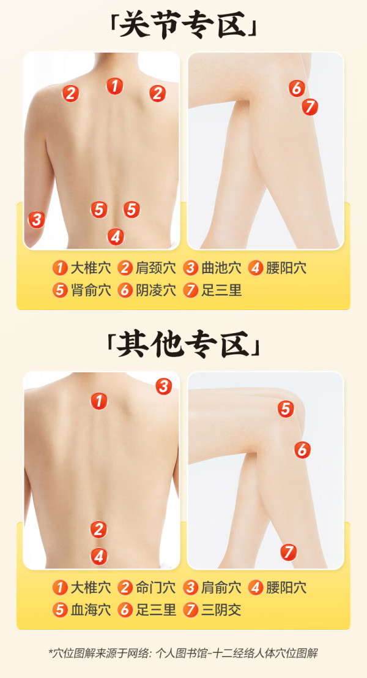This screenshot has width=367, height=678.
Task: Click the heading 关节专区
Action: coord(183,24)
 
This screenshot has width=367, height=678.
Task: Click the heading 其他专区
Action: coord(183,345)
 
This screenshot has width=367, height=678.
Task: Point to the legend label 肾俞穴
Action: coord(91,290)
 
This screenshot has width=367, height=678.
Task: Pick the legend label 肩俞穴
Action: coord(221,587)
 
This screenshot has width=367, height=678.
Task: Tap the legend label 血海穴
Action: coord(91,609)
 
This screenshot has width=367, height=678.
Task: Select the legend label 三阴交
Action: coord(221,609)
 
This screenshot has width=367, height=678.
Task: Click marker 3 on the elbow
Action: coord(37,220)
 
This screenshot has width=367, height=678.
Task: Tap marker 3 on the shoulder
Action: coord(164,386)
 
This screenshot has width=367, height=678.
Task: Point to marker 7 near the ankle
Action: coord(289,552)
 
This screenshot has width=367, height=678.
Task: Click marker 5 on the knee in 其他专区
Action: coord(286,409)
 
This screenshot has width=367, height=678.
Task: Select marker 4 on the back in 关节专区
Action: coord(115,236)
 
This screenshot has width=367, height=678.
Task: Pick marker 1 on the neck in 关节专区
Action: coord(114,86)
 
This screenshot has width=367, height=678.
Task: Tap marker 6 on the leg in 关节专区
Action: coord(297,88)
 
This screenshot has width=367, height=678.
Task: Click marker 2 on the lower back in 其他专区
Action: coord(99,529)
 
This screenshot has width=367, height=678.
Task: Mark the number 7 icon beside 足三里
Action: coord(190,290)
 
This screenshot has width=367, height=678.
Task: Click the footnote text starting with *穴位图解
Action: coord(183,653)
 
